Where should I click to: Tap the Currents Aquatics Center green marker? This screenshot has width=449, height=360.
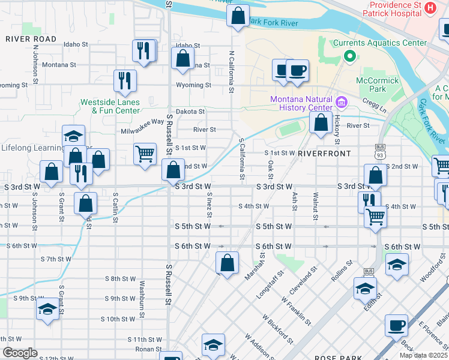(x=350, y=57)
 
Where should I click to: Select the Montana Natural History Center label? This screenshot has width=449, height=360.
(x=301, y=103)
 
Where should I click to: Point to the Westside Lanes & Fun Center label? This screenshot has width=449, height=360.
(x=110, y=106)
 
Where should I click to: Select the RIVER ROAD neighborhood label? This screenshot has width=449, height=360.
(x=31, y=39)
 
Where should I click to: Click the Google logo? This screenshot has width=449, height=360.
(x=20, y=353)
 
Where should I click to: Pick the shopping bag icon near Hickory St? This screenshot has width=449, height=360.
(x=321, y=123)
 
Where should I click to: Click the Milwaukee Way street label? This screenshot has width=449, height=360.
(x=142, y=121)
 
